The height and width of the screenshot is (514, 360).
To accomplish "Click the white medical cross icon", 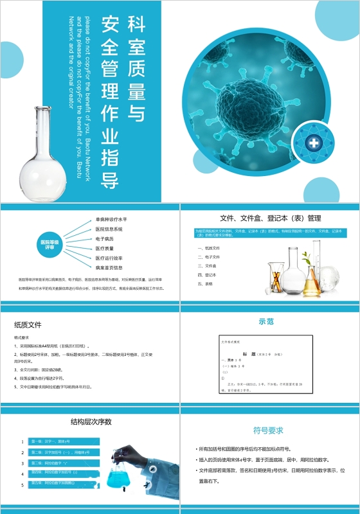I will [x=314, y=143].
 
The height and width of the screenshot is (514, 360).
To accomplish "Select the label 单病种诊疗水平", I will [x=111, y=219].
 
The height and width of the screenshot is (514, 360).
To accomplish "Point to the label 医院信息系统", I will [x=109, y=229].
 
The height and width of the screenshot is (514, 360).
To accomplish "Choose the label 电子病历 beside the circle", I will [x=105, y=238].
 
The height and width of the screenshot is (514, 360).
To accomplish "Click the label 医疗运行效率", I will [x=109, y=258].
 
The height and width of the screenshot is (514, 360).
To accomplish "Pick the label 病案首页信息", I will [x=109, y=267].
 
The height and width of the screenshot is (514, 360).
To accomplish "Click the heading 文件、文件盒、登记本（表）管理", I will [x=270, y=218].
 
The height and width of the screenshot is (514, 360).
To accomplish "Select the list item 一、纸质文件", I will [x=209, y=247].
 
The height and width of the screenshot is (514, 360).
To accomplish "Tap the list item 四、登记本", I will [x=207, y=274].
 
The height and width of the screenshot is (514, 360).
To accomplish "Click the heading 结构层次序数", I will [x=91, y=422].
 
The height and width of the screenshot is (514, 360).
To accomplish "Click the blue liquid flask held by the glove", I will [x=120, y=477].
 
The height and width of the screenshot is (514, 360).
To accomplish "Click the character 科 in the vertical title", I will [x=136, y=25].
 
